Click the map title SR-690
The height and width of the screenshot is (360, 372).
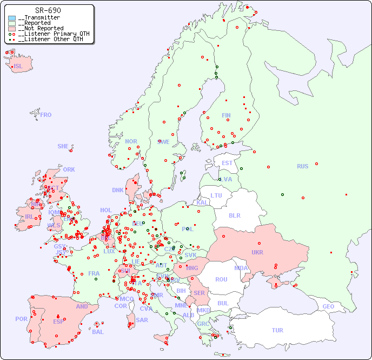click(48, 10)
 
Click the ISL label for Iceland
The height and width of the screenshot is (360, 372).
click(18, 67)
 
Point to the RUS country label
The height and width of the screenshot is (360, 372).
click(302, 166)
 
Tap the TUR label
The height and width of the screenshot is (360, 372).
click(277, 330)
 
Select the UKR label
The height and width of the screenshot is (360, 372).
click(257, 252)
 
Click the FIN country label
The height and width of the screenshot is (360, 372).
click(226, 115)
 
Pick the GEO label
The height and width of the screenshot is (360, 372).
click(328, 306)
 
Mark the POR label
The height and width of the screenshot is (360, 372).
click(21, 319)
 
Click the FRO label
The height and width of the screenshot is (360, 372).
click(46, 115)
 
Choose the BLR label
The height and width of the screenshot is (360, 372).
click(235, 215)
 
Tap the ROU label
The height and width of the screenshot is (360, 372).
click(221, 279)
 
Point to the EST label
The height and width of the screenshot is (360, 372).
click(227, 163)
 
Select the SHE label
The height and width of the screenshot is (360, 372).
click(63, 146)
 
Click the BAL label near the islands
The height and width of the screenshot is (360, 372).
click(98, 332)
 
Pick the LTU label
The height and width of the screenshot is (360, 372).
click(216, 195)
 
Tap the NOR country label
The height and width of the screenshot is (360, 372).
click(131, 141)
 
